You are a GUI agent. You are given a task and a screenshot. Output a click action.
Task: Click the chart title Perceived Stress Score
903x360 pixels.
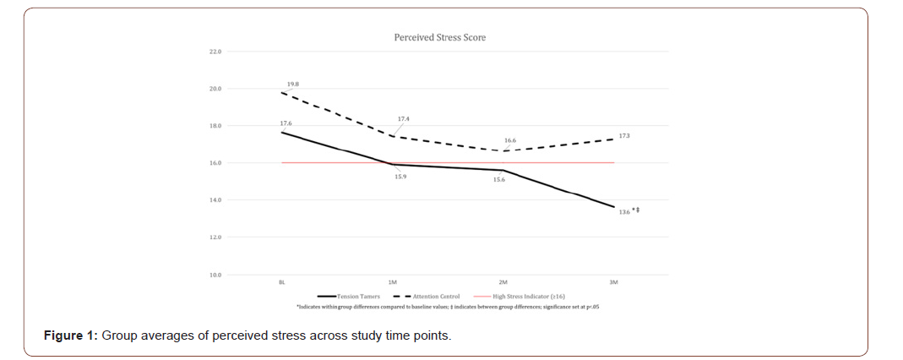439,37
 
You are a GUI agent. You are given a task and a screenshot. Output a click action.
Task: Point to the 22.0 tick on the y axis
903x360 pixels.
215,52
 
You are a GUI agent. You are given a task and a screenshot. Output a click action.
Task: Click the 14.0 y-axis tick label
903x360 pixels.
215,200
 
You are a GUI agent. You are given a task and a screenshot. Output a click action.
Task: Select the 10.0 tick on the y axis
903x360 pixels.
215,275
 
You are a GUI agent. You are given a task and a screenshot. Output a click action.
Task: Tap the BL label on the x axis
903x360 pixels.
281,282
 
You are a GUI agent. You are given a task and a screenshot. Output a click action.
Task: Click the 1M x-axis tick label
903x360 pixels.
392,282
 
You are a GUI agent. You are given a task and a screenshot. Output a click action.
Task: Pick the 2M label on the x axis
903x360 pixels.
503,282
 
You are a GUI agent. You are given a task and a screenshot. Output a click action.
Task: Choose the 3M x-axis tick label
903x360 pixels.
614,282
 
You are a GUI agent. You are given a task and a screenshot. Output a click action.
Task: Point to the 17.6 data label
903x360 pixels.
286,123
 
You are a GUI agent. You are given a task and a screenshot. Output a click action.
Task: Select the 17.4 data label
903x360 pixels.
403,120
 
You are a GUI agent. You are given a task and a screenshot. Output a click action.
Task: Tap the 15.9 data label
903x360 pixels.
400,177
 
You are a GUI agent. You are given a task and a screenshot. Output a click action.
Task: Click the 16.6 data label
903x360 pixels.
509,140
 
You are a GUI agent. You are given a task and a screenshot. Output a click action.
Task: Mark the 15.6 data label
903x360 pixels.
499,180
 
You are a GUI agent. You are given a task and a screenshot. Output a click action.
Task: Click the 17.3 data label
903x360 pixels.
624,135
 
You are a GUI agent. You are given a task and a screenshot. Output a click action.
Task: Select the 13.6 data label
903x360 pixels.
624,211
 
